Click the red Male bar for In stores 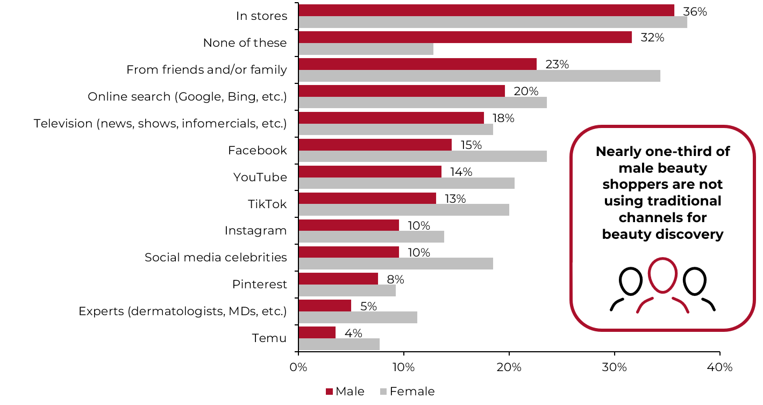486,10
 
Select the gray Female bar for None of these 366,49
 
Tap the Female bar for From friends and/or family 479,76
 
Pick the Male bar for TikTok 367,198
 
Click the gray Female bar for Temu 339,344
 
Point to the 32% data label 652,38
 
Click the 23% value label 557,65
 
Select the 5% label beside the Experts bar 368,307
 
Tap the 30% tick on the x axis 615,367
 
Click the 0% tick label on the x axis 298,367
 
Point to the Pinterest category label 259,285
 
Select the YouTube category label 260,177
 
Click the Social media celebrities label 216,258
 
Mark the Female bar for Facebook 422,157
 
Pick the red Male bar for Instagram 348,225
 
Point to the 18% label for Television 503,118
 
